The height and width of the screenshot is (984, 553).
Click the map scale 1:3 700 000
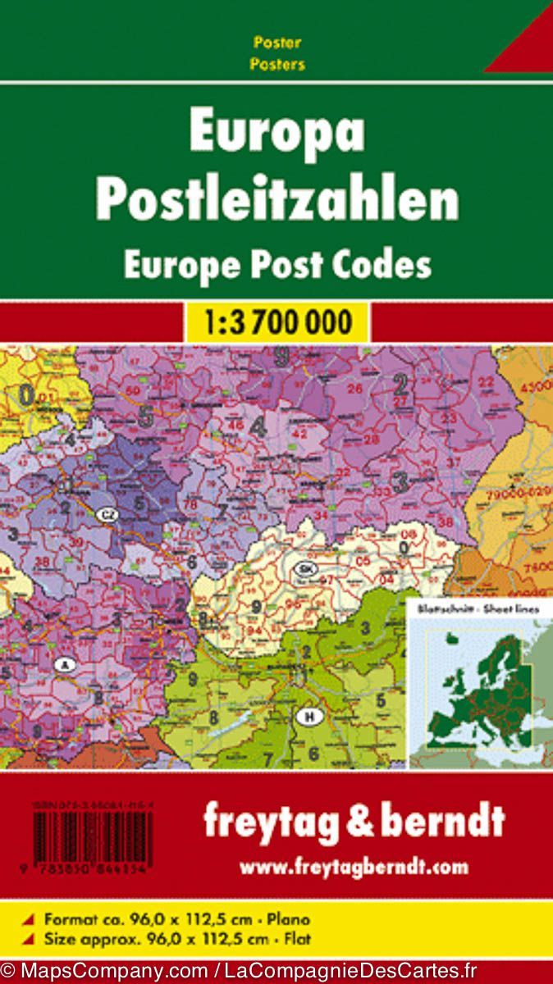(x=276, y=322)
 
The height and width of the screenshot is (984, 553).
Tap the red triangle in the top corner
(x=525, y=45)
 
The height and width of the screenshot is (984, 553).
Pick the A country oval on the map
(x=64, y=665)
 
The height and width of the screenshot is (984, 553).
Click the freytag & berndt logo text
(x=354, y=821)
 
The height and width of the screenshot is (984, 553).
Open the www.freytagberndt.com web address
(x=354, y=866)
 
